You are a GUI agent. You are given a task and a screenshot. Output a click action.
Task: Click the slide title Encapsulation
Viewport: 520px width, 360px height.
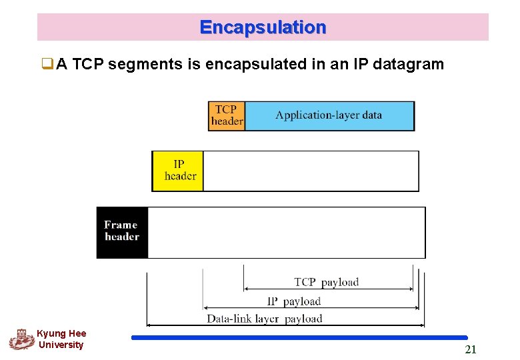click(263, 27)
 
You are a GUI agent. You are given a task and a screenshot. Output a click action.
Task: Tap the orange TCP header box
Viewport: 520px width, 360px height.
click(227, 116)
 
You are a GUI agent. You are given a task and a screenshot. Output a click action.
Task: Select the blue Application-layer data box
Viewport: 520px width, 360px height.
click(329, 116)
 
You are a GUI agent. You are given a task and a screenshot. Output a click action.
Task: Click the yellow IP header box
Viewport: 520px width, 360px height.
click(178, 171)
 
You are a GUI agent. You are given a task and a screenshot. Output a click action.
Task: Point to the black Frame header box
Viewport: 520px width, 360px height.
click(122, 232)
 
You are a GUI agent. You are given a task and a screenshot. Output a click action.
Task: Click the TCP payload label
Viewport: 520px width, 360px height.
click(327, 282)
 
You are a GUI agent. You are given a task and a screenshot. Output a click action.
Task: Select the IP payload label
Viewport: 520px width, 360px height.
click(294, 301)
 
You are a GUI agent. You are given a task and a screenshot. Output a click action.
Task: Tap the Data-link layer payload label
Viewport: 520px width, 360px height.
click(265, 319)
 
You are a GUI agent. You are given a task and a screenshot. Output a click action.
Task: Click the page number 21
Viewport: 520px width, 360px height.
click(470, 350)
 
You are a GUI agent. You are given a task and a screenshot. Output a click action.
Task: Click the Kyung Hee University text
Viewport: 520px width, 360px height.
click(61, 339)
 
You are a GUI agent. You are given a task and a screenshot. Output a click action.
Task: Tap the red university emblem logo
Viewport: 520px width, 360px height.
click(21, 339)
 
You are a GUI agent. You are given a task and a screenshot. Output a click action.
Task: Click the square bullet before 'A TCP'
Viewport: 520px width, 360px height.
click(47, 65)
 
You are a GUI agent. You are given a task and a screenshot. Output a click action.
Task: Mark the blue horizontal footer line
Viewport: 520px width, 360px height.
click(299, 338)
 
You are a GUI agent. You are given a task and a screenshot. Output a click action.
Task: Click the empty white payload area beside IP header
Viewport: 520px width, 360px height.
click(311, 171)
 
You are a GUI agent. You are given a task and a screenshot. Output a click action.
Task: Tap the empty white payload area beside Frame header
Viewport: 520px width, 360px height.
click(286, 232)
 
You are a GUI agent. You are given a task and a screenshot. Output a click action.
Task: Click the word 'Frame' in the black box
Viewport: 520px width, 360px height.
click(121, 225)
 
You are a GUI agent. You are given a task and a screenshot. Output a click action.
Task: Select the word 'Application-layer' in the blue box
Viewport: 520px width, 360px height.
click(309, 115)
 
